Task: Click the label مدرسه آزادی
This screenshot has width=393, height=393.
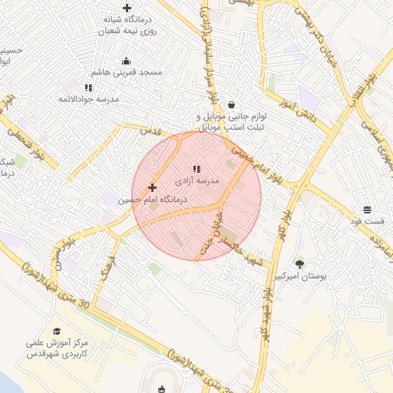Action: [199, 181]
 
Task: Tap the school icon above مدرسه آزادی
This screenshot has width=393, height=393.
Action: [196, 169]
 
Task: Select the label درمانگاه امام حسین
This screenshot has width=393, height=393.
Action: [152, 199]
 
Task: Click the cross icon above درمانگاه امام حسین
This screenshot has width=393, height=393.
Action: [152, 187]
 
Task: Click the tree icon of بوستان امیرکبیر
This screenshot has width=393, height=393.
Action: [300, 263]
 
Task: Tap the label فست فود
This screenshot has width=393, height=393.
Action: [367, 221]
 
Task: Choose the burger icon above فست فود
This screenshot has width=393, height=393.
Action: [368, 210]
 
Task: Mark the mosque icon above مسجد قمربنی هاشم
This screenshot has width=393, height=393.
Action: [127, 61]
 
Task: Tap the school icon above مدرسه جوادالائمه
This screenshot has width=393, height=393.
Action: [88, 88]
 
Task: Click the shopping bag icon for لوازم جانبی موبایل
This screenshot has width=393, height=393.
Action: [231, 104]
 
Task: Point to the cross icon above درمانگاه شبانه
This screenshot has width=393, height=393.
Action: [127, 8]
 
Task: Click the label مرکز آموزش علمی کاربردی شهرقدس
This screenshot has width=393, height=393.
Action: [58, 350]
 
